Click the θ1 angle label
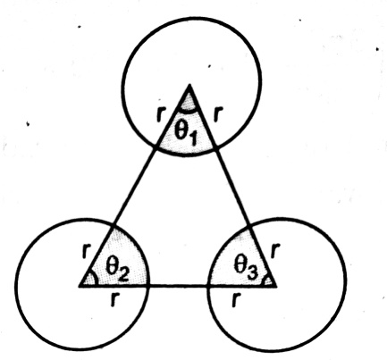(x=186, y=133)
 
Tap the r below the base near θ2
(x=114, y=299)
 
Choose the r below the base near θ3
(x=235, y=299)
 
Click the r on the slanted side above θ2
(x=86, y=251)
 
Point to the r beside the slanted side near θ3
(x=275, y=250)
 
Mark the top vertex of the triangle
(x=189, y=85)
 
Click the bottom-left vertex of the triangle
(x=80, y=286)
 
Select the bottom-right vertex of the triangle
(x=276, y=287)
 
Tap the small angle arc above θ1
(x=188, y=112)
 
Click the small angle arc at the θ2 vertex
(x=96, y=279)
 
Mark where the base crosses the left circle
(x=148, y=286)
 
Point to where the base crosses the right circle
(x=208, y=286)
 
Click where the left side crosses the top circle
(x=156, y=147)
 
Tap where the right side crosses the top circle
(x=215, y=147)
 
